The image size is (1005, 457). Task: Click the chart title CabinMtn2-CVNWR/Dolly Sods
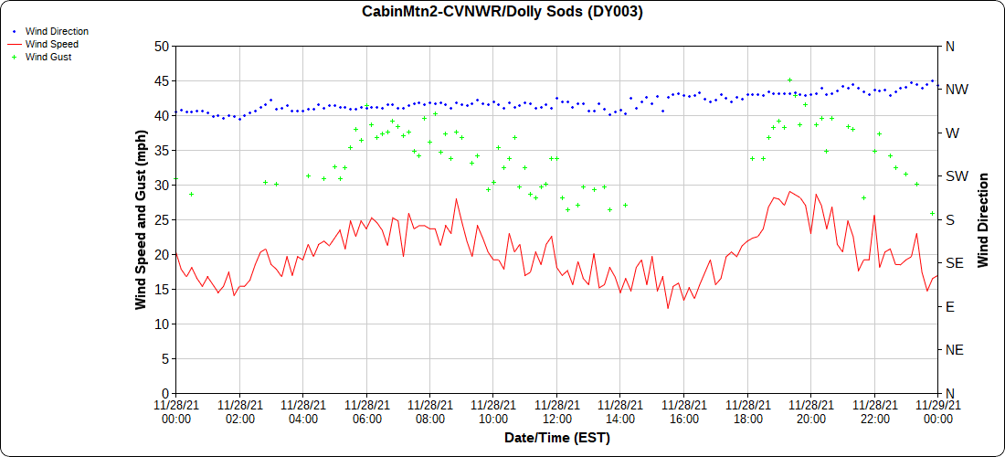[502, 12]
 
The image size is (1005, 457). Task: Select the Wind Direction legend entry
[57, 31]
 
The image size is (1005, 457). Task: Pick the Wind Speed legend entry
[52, 44]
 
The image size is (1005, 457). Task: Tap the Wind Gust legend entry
[48, 57]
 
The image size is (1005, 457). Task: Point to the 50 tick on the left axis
[161, 46]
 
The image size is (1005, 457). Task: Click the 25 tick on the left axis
[161, 219]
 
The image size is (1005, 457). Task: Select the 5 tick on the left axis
[164, 358]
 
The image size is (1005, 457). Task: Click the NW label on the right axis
[957, 90]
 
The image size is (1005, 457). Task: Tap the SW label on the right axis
[957, 176]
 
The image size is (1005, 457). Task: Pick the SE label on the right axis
[955, 263]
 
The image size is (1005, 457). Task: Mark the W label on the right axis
[952, 133]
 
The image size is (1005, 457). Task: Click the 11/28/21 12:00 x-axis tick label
[556, 410]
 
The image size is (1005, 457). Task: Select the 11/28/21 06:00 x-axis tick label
[366, 410]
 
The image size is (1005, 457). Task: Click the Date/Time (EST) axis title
[556, 438]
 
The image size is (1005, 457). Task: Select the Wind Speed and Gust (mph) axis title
[141, 219]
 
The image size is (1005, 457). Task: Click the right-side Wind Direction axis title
[983, 219]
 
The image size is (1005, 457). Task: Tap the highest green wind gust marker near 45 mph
[790, 80]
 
